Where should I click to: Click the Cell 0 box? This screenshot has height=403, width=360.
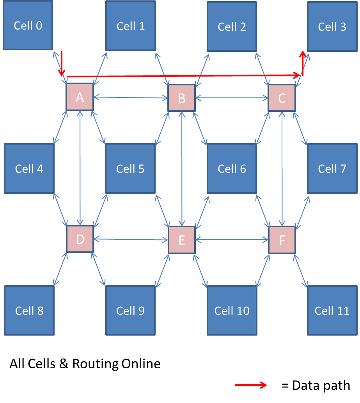(x=28, y=25)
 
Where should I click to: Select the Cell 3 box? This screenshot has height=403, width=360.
(x=332, y=27)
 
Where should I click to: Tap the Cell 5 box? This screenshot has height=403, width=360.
(x=130, y=168)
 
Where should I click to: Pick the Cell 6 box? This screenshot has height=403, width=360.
(x=232, y=168)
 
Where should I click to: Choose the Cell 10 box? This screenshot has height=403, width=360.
(x=232, y=310)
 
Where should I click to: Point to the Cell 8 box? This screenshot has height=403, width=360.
(x=29, y=310)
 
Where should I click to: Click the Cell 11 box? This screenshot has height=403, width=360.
(x=332, y=310)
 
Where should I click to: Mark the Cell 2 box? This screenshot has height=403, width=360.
(x=232, y=27)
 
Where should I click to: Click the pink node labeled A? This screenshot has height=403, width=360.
(x=80, y=97)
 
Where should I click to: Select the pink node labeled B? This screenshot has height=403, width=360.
(x=181, y=98)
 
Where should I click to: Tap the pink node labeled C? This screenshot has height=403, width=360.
(x=282, y=98)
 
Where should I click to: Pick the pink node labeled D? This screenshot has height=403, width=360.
(x=80, y=239)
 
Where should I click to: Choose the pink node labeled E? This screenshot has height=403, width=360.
(x=181, y=240)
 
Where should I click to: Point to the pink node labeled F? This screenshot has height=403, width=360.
(x=282, y=240)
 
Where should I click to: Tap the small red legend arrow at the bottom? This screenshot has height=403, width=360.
(x=251, y=385)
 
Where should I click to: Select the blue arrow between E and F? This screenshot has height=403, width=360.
(x=232, y=240)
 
